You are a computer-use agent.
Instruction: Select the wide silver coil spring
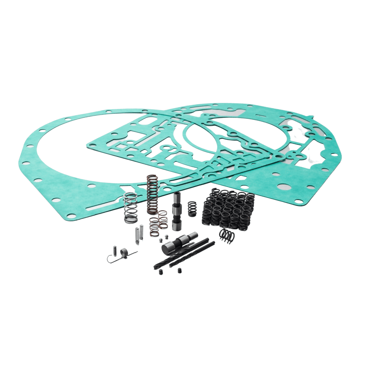(x=131, y=208)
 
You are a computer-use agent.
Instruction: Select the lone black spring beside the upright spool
(x=192, y=209)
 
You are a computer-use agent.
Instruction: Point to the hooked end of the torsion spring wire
(x=109, y=259)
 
